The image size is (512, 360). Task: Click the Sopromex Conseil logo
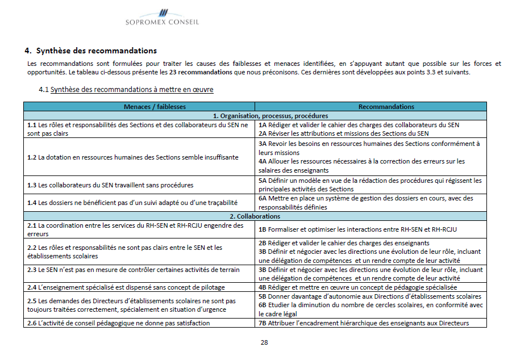pos(163,17)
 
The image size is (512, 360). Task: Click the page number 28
pos(264,342)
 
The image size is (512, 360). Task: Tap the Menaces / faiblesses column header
pos(139,106)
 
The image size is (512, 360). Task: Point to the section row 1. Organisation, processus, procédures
pos(255,115)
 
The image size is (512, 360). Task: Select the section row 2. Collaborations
pos(255,216)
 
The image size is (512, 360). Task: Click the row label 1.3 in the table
pos(32,185)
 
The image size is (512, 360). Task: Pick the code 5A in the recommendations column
pos(263,181)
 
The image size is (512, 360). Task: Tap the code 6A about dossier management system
pos(263,198)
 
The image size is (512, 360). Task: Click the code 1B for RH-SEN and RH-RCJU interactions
pos(263,229)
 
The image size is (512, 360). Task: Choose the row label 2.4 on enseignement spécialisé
pos(32,287)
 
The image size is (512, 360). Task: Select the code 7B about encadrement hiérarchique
pos(263,323)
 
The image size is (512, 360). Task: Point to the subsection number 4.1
pos(44,90)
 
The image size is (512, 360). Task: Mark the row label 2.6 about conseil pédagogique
pos(32,323)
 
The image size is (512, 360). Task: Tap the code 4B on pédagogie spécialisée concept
pos(263,287)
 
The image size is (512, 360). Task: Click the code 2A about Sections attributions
pos(263,133)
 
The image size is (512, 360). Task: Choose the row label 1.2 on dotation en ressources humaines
pos(32,157)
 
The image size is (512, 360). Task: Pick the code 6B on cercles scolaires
pos(263,305)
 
